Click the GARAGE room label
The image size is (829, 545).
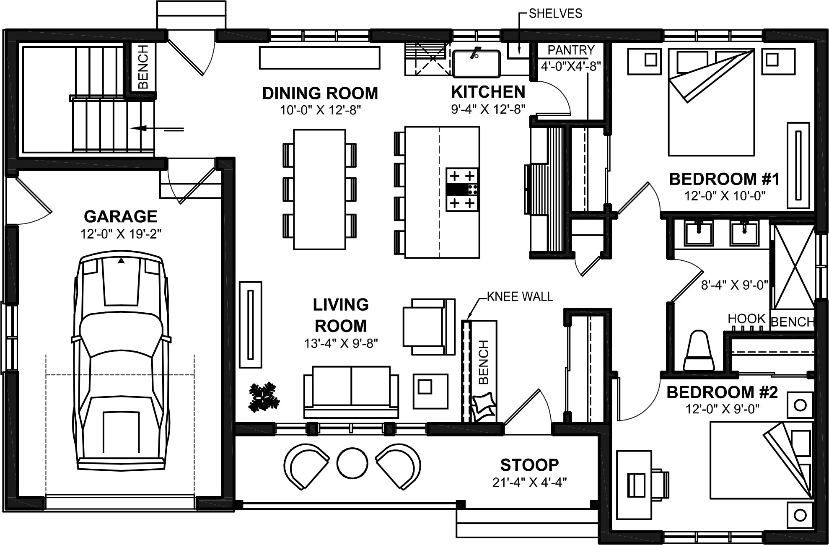pyautogui.click(x=121, y=216)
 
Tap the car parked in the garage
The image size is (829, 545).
pyautogui.click(x=121, y=361)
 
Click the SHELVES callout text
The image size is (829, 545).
pyautogui.click(x=555, y=14)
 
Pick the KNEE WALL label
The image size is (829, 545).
pyautogui.click(x=520, y=297)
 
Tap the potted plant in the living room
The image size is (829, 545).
pyautogui.click(x=264, y=397)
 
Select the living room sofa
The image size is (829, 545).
pyautogui.click(x=351, y=392)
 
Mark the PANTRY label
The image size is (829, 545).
pyautogui.click(x=571, y=50)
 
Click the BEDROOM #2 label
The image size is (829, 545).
pyautogui.click(x=722, y=393)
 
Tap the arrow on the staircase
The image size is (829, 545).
pyautogui.click(x=157, y=129)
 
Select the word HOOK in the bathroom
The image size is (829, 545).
pyautogui.click(x=746, y=319)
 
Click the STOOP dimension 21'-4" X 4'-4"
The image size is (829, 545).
pyautogui.click(x=530, y=482)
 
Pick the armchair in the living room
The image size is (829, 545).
pyautogui.click(x=429, y=327)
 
